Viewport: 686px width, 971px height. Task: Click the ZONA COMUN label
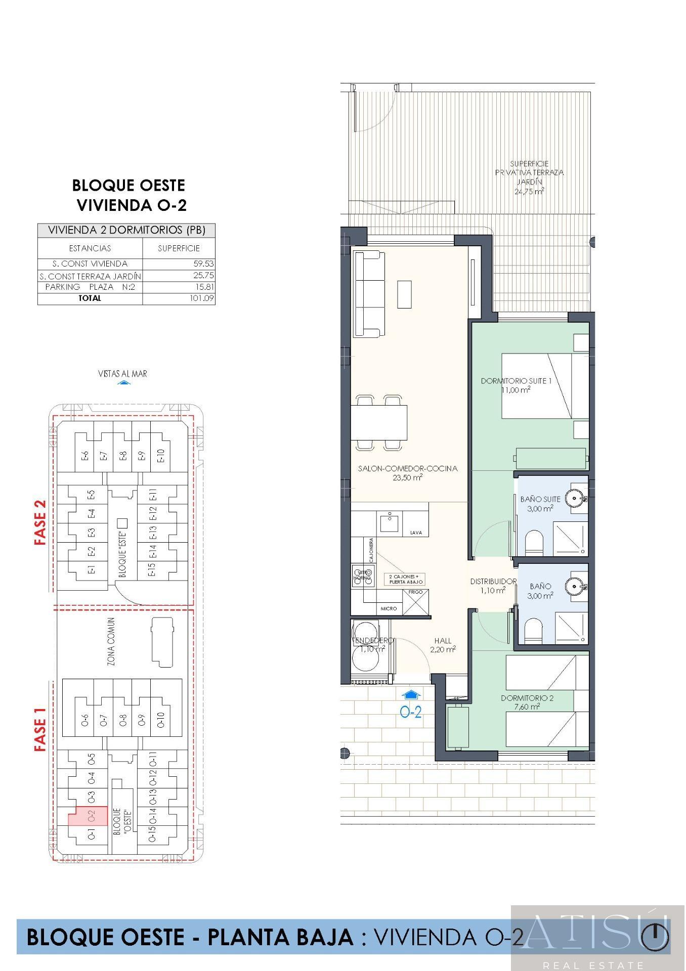tap(111, 641)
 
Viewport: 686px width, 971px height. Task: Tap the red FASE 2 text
tap(40, 522)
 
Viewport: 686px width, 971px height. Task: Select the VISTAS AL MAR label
tap(122, 374)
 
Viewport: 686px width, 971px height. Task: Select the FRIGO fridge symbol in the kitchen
tap(416, 602)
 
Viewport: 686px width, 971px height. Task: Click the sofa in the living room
tap(368, 294)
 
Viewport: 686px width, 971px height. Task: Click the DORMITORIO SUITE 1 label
tap(516, 381)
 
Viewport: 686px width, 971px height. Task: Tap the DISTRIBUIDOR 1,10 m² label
tap(493, 586)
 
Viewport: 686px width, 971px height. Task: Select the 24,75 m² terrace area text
tap(529, 192)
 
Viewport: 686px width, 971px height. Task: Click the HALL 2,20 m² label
tap(443, 645)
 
